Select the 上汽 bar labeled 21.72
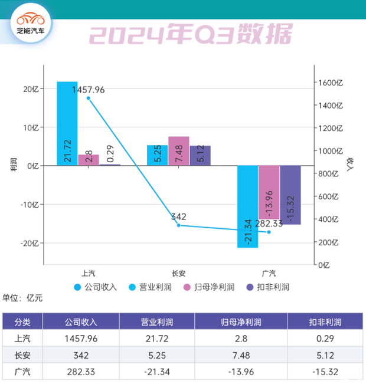point(67,124)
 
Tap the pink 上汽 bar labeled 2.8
point(89,160)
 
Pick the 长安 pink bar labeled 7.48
point(179,151)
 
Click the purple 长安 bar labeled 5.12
point(200,156)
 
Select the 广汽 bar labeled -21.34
point(248,206)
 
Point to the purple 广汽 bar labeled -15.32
point(290,195)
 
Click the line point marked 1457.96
point(89,98)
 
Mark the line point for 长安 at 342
point(179,225)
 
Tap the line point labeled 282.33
point(269,232)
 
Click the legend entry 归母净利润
point(208,287)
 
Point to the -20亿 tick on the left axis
point(30,243)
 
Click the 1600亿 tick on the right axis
point(331,83)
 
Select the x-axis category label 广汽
point(269,274)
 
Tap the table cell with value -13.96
point(242,372)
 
